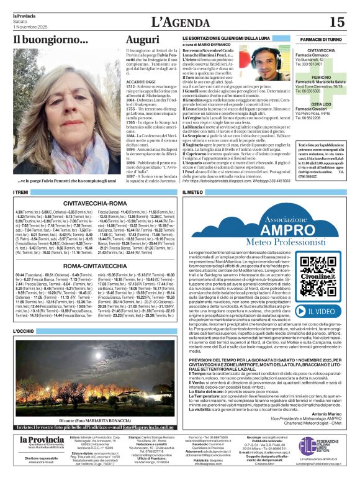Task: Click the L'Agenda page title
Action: [179, 22]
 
